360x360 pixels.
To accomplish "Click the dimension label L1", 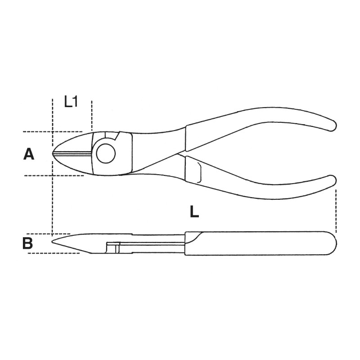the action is pyautogui.click(x=71, y=102).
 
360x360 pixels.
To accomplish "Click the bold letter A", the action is pyautogui.click(x=29, y=154).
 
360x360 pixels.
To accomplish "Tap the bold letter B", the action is pyautogui.click(x=28, y=243).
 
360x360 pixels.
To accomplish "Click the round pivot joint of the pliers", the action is pyautogui.click(x=106, y=153).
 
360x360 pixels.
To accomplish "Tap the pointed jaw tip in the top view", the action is pyautogui.click(x=53, y=153).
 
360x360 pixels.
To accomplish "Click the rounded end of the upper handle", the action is pyautogui.click(x=332, y=126).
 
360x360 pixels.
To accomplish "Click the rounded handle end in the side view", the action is pyautogui.click(x=333, y=243).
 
